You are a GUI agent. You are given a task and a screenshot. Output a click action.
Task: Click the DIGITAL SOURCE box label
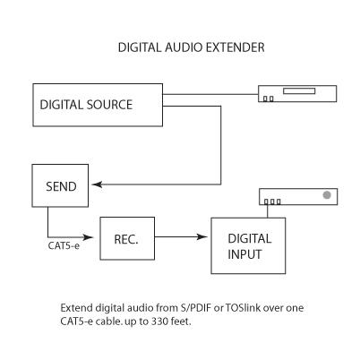pos(86,105)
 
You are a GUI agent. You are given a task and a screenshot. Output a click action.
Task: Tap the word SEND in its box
pos(61,186)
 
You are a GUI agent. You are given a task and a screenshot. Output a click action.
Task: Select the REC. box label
pos(126,239)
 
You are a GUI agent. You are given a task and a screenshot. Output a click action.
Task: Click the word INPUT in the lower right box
pos(244,254)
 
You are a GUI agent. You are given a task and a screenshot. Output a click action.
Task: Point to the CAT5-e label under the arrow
pos(64,246)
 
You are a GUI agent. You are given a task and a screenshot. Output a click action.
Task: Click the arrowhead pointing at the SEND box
pos(97,184)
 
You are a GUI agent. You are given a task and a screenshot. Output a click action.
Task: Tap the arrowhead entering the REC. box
pos(88,237)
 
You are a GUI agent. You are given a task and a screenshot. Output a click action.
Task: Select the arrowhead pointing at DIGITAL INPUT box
pos(201,237)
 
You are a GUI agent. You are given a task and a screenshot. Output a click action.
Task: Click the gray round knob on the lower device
pos(327,195)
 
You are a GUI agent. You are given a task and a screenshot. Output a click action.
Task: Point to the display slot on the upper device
pos(299,90)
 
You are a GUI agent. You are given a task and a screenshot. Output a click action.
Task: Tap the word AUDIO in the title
pos(184,47)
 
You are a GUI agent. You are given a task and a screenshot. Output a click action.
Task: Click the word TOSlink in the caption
pos(243,308)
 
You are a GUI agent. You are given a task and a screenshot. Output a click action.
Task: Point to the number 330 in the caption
pos(159,321)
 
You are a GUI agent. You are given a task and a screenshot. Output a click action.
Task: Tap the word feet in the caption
pos(181,321)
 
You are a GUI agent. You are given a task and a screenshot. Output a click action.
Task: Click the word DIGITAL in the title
pos(140,47)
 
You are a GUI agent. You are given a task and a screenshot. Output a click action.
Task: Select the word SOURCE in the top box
pos(109,105)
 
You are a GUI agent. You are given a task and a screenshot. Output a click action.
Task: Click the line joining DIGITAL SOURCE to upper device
pos(210,94)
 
